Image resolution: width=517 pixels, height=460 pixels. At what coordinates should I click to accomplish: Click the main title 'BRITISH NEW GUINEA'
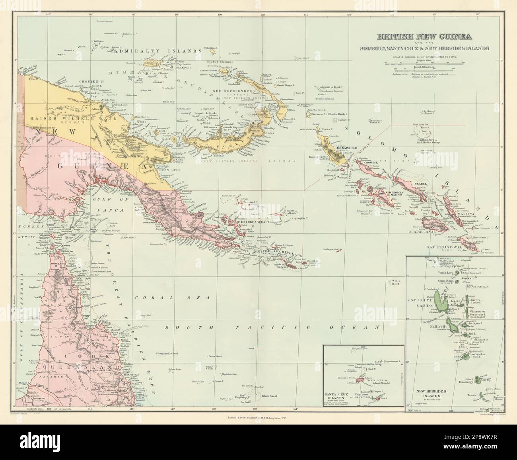tap(425, 37)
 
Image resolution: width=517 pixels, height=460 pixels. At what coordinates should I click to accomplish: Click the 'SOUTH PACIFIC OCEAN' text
tap(270, 327)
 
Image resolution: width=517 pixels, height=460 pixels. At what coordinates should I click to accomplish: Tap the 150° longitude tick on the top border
tap(220, 15)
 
